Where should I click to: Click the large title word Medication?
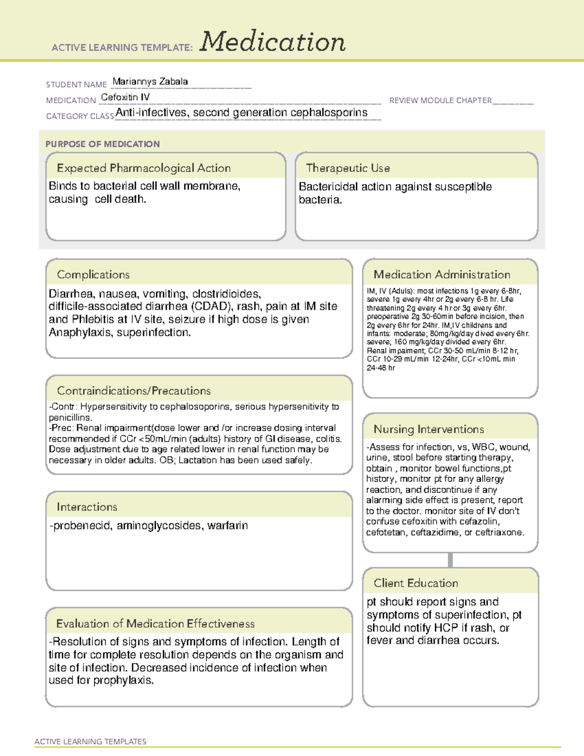(x=273, y=42)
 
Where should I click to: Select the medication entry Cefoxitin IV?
(x=125, y=97)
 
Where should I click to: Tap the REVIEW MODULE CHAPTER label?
(x=440, y=101)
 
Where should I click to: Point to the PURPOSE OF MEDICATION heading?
(x=102, y=144)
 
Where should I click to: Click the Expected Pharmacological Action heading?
(x=144, y=168)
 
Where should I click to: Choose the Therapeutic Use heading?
(x=347, y=168)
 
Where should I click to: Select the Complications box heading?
(x=93, y=275)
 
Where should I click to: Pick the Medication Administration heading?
(x=441, y=275)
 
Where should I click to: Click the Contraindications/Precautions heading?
(x=133, y=391)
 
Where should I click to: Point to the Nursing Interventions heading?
(x=428, y=429)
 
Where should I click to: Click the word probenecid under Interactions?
(x=82, y=526)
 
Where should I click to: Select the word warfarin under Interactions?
(x=227, y=526)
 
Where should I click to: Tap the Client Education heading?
(x=416, y=583)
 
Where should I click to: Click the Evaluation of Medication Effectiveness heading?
(x=155, y=624)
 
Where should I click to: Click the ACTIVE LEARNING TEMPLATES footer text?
(x=91, y=741)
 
